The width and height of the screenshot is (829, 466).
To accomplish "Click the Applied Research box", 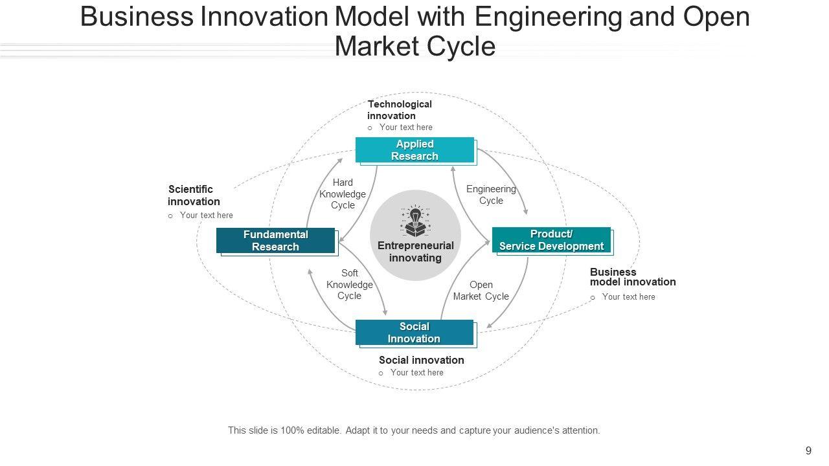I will pyautogui.click(x=414, y=150).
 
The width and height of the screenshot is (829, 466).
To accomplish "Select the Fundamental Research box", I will pyautogui.click(x=275, y=240).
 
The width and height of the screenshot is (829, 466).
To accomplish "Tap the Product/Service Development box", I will pyautogui.click(x=551, y=240).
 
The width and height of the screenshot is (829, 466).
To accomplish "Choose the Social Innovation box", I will pyautogui.click(x=414, y=333).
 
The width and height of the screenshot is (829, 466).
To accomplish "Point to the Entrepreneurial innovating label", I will pyautogui.click(x=415, y=252).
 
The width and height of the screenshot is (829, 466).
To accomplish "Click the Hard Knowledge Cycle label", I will pyautogui.click(x=343, y=194).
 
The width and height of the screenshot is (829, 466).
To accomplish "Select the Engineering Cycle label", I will pyautogui.click(x=491, y=195).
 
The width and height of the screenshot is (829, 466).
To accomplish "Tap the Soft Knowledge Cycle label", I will pyautogui.click(x=350, y=285).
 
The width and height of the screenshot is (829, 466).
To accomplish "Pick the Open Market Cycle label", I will pyautogui.click(x=481, y=291).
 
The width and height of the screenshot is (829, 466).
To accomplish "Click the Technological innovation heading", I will pyautogui.click(x=399, y=110).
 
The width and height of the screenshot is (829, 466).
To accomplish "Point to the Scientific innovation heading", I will pyautogui.click(x=193, y=195).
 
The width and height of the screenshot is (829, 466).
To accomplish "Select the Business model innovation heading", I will pyautogui.click(x=632, y=277).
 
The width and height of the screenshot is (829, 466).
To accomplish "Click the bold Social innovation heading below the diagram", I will pyautogui.click(x=421, y=360).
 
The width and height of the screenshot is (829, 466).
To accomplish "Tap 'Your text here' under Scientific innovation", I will pyautogui.click(x=207, y=216).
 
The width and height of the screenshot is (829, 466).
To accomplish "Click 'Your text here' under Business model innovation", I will pyautogui.click(x=628, y=297).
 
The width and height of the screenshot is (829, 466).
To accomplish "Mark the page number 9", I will pyautogui.click(x=808, y=451).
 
